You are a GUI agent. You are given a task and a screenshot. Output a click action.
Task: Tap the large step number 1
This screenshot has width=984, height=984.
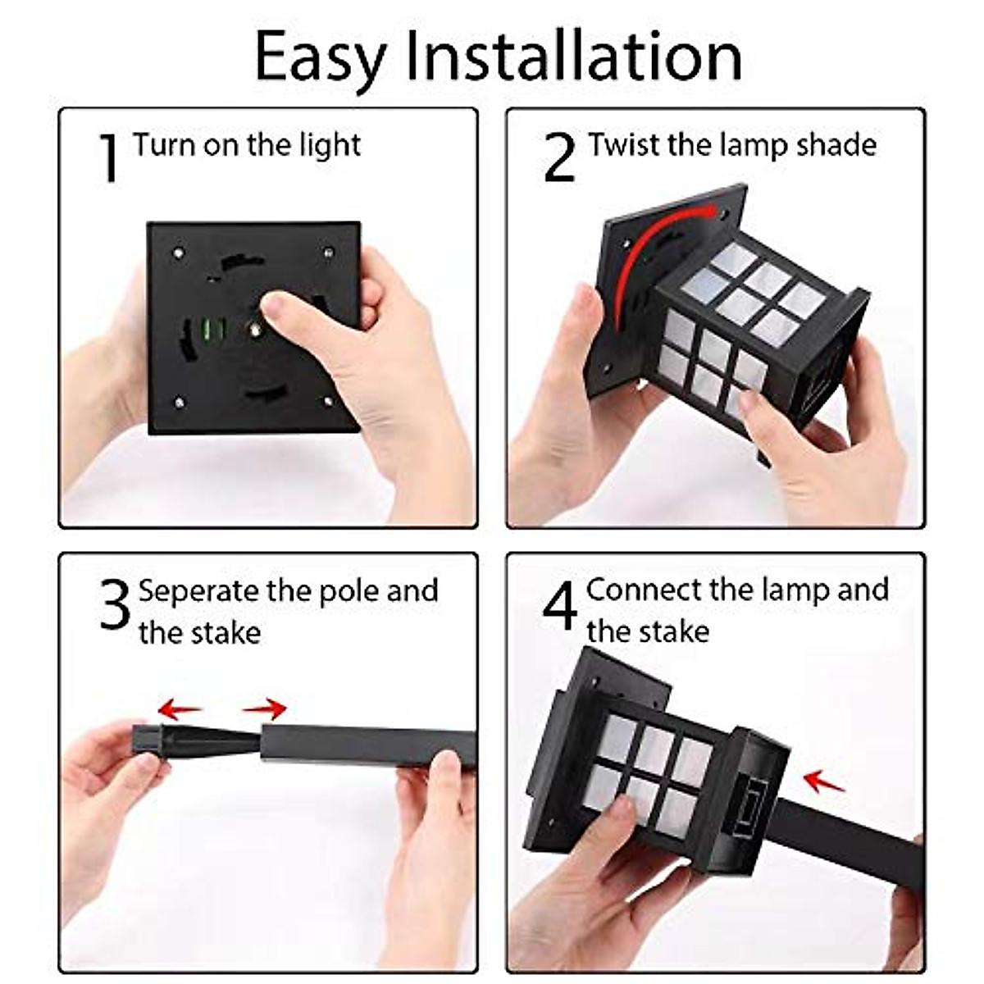click(x=109, y=157)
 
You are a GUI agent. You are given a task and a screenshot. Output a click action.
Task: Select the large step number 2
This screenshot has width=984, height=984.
click(x=560, y=157)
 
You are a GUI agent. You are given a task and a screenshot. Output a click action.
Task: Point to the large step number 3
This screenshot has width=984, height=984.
click(x=115, y=604)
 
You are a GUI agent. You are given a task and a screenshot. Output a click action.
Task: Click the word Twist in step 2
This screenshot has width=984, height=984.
click(x=625, y=145)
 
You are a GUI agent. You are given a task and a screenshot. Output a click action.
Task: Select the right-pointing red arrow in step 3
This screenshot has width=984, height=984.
click(x=265, y=708)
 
